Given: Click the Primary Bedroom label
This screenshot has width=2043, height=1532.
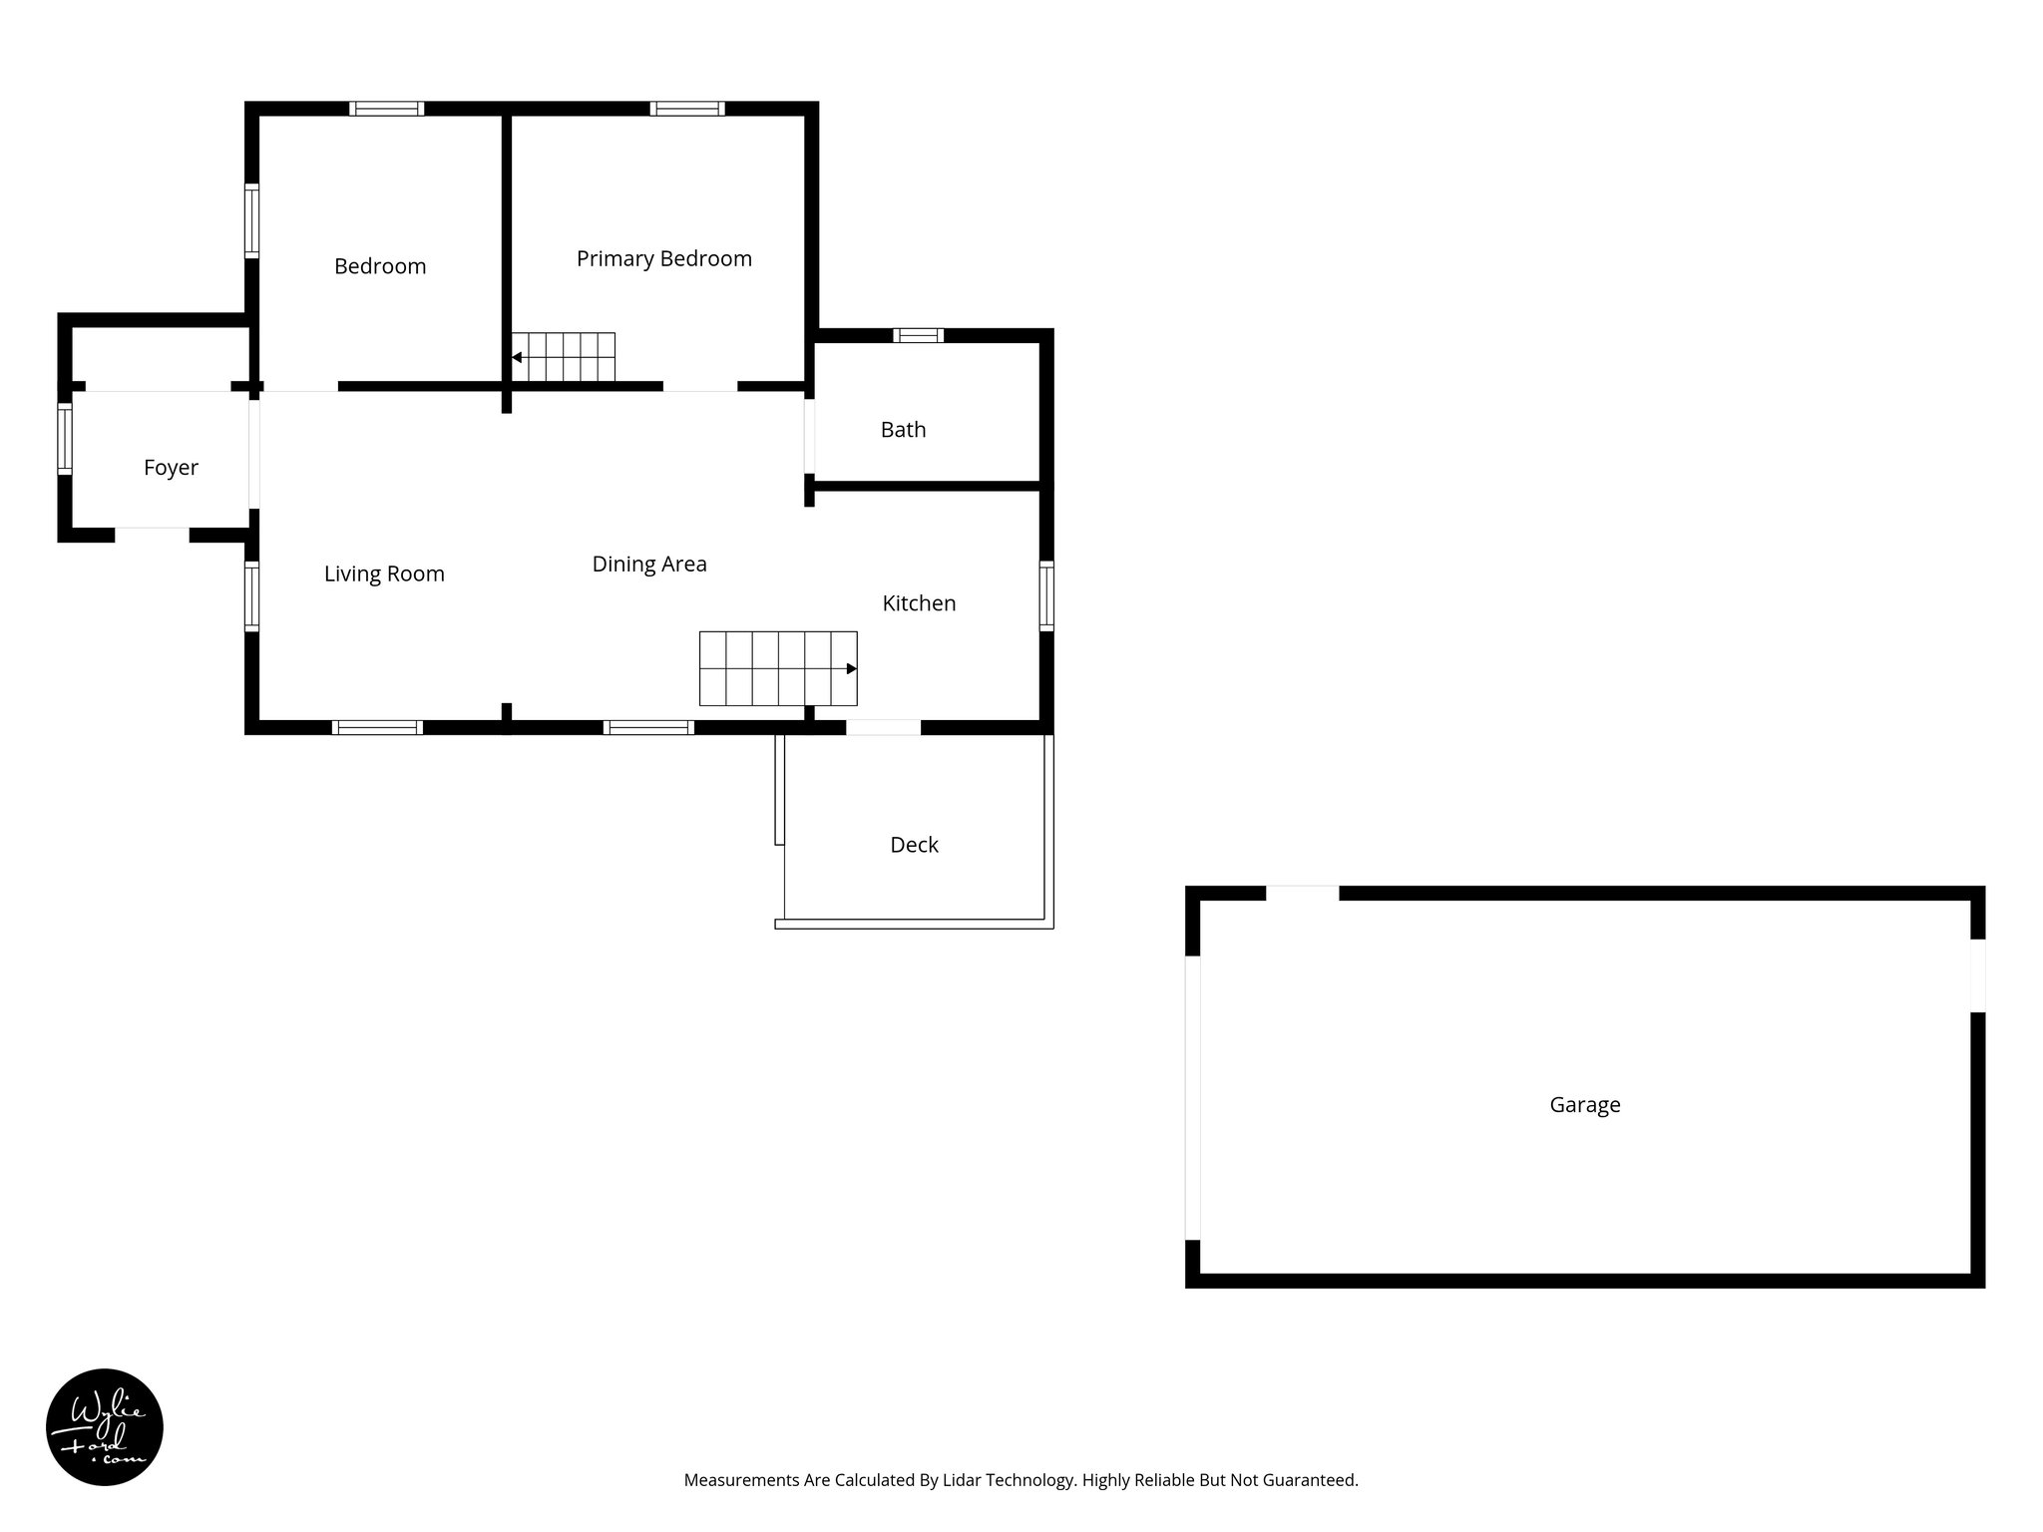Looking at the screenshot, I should pos(663,259).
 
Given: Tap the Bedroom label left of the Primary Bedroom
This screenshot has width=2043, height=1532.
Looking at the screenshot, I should pos(380,266).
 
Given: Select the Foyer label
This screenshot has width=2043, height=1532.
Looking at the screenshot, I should pos(171,468).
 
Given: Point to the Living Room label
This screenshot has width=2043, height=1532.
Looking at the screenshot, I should pos(384,574).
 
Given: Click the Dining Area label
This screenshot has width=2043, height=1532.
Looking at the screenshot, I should pos(649,565).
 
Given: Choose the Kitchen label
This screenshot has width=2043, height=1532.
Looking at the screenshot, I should pos(919,603).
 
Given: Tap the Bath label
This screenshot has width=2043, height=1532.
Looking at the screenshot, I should pos(903,430).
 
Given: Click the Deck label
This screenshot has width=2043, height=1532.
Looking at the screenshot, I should pos(914,846).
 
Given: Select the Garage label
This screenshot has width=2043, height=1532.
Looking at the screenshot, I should pos(1584,1105).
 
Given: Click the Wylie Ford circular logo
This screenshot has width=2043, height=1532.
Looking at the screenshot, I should pos(105,1427).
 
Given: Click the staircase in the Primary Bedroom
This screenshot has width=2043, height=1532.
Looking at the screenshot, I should pos(564,357).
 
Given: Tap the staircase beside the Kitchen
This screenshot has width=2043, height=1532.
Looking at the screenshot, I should pos(778,668).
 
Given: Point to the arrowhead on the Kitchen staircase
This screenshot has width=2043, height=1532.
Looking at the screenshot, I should pos(851,668).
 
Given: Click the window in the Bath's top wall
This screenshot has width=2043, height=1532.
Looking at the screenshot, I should pos(918,335).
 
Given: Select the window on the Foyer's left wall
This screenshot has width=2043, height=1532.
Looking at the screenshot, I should pos(65,438).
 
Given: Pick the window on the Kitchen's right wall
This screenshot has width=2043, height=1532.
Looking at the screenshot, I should pos(1046,595).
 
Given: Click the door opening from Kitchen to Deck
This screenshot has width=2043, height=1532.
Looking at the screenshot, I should pos(883,728).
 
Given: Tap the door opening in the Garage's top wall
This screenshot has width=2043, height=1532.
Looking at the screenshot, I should pos(1302,893).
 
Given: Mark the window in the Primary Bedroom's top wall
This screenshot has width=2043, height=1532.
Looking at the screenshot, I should pos(687,109).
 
